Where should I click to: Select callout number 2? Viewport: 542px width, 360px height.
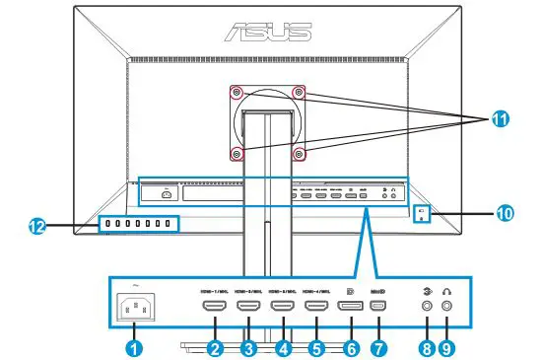coord(213,347)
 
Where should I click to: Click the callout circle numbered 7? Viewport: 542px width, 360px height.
coord(381,347)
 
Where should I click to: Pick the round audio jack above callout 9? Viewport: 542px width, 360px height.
coord(450,308)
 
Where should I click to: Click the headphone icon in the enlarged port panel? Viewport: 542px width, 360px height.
coord(450,290)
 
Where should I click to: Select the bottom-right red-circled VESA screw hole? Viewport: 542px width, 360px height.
coord(299,153)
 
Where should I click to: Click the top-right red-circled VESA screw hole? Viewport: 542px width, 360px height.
coord(299,92)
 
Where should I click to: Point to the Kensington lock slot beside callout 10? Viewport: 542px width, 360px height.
coord(420,213)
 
